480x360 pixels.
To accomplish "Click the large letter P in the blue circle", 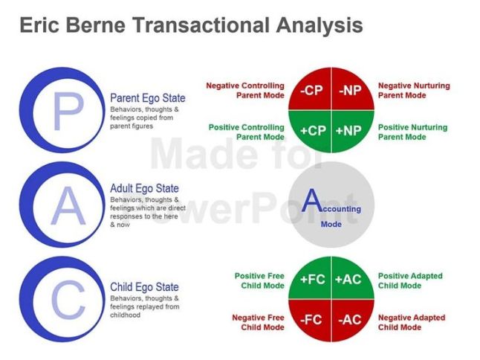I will (68, 112).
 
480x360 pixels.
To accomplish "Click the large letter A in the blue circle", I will (68, 207).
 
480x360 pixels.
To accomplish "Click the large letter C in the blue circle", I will (68, 302).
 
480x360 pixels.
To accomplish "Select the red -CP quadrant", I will (312, 91).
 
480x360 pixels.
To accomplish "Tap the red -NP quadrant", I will (350, 91).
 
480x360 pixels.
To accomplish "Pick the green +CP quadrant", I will (312, 130).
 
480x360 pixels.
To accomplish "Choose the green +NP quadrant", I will (349, 130).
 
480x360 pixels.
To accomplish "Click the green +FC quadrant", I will (312, 280).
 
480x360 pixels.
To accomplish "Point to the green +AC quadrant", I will (349, 280).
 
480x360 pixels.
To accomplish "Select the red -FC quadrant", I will (312, 320).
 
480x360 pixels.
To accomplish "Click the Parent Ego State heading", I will (147, 98).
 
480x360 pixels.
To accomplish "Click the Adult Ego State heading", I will (144, 189).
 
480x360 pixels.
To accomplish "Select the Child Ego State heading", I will (144, 287).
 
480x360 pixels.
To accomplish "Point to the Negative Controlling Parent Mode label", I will (245, 90).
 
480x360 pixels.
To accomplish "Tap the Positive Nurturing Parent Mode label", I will (412, 132).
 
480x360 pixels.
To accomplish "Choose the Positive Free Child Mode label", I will (259, 280).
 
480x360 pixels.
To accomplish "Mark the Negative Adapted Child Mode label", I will (412, 322).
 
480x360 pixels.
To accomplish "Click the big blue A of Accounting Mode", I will (313, 201).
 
